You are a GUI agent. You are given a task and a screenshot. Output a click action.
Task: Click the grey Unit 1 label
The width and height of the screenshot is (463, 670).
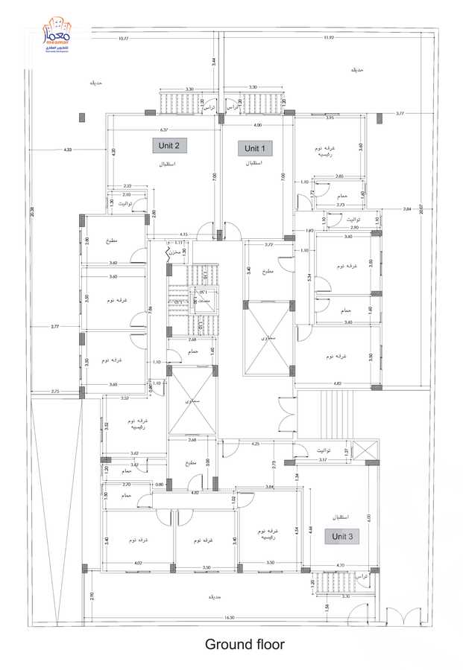pos(255,148)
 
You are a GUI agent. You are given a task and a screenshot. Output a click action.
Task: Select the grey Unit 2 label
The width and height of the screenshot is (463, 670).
pos(170,144)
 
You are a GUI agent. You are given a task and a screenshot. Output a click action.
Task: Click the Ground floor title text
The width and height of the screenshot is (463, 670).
pos(245,644)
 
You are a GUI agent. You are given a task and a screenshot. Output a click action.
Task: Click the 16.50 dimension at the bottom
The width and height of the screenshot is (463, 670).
pos(229,617)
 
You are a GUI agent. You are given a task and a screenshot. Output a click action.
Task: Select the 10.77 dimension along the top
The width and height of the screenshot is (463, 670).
pos(124,38)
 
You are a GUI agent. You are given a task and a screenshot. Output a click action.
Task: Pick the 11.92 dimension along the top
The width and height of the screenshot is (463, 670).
pos(328,38)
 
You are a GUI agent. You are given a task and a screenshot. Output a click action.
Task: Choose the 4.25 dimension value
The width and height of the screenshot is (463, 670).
pos(256,444)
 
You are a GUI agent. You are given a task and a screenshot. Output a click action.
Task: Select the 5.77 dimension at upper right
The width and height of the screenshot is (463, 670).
pos(400,114)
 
